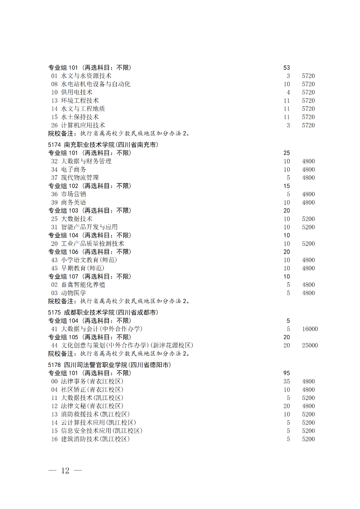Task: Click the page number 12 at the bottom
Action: pyautogui.click(x=65, y=470)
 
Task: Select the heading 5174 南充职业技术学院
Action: pyautogui.click(x=103, y=145)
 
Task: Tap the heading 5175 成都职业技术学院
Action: pyautogui.click(x=103, y=312)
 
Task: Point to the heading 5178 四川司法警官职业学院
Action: pyautogui.click(x=109, y=365)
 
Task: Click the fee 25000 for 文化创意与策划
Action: pyautogui.click(x=310, y=345)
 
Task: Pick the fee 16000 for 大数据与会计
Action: pyautogui.click(x=310, y=329)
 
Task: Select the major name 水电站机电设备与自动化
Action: pyautogui.click(x=96, y=84)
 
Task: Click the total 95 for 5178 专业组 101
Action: pyautogui.click(x=287, y=373)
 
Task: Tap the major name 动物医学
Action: pyautogui.click(x=73, y=293)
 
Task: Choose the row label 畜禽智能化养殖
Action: pyautogui.click(x=83, y=285)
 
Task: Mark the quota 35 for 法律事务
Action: pyautogui.click(x=287, y=381)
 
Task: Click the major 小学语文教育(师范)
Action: pyautogui.click(x=89, y=260)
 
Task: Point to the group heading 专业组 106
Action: pyautogui.click(x=89, y=252)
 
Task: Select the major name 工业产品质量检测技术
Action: pyautogui.click(x=92, y=244)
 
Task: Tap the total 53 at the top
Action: pyautogui.click(x=287, y=68)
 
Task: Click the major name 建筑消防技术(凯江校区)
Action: pyautogui.click(x=95, y=439)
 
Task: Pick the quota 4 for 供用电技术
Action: pyautogui.click(x=288, y=92)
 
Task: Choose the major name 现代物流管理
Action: pyautogui.click(x=80, y=178)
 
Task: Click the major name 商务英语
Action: pyautogui.click(x=73, y=202)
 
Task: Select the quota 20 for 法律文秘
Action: pyautogui.click(x=287, y=406)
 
